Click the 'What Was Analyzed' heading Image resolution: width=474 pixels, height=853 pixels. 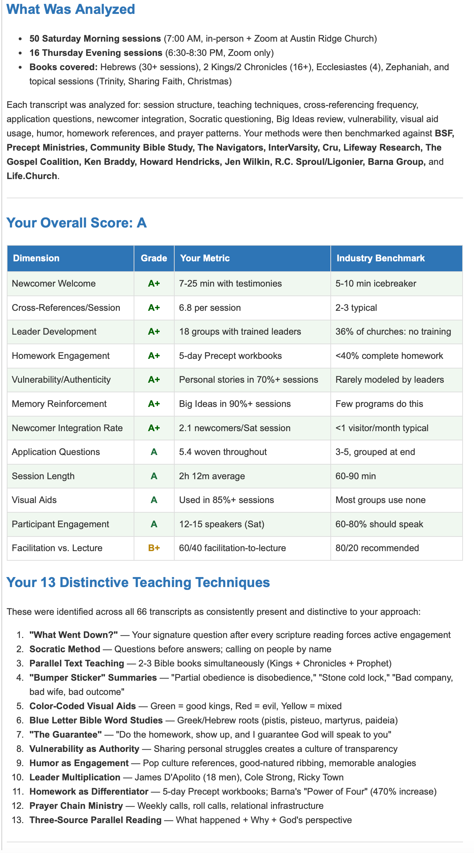(71, 9)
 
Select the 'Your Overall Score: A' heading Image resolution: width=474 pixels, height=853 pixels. (76, 223)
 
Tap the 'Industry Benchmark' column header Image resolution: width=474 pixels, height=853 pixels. (380, 258)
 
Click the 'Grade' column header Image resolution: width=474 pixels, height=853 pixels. (154, 258)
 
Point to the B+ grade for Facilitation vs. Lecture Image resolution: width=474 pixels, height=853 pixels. (154, 548)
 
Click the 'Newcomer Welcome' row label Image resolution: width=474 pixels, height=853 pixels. (54, 283)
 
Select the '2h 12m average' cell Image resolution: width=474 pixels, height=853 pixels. (212, 476)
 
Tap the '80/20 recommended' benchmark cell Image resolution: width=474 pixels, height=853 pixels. (377, 548)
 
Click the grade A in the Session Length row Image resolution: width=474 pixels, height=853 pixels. (154, 476)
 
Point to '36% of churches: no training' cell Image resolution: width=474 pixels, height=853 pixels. (393, 331)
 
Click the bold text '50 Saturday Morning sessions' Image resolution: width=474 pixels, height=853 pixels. (95, 38)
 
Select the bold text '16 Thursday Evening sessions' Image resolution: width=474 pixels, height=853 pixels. (96, 53)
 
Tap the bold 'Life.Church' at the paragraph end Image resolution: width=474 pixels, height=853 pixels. (32, 176)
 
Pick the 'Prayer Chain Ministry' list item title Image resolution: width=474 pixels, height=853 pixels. (76, 806)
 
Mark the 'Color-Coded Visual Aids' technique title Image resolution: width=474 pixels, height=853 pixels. (83, 706)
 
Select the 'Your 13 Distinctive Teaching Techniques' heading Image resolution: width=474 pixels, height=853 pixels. (138, 582)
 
